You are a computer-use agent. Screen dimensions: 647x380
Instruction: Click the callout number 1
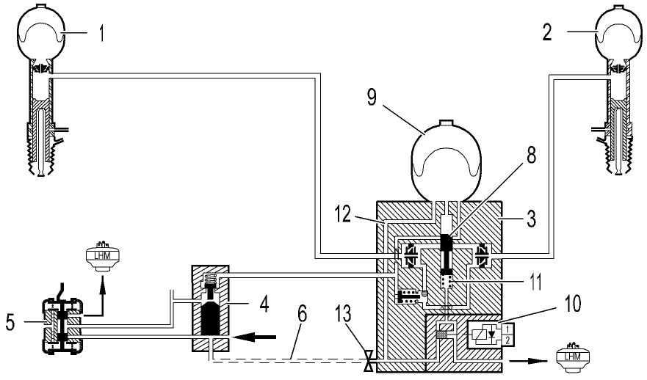[101, 34]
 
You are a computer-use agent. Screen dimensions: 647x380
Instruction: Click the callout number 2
[546, 32]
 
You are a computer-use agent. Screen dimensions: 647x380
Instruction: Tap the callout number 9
[372, 98]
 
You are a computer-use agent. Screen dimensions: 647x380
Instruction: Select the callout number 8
[531, 156]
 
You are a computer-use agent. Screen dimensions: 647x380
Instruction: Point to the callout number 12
[343, 214]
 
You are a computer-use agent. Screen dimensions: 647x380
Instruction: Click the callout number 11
[535, 282]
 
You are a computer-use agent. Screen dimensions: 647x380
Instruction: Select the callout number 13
[343, 314]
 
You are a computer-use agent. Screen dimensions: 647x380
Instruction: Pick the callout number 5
[10, 322]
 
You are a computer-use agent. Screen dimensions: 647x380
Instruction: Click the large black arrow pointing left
[253, 337]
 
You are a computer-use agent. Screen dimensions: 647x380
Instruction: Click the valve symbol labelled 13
[369, 361]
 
